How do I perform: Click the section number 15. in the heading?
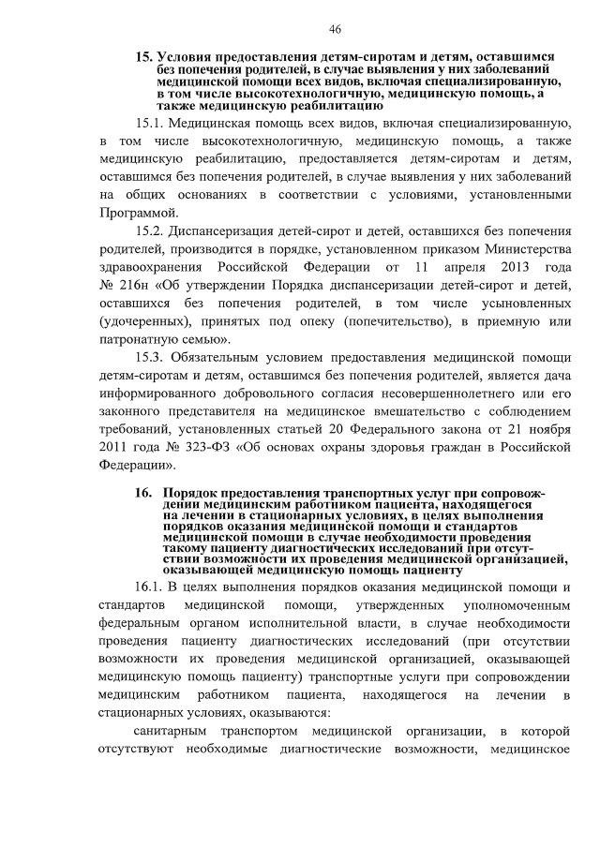(x=144, y=58)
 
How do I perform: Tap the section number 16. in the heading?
(x=144, y=492)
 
